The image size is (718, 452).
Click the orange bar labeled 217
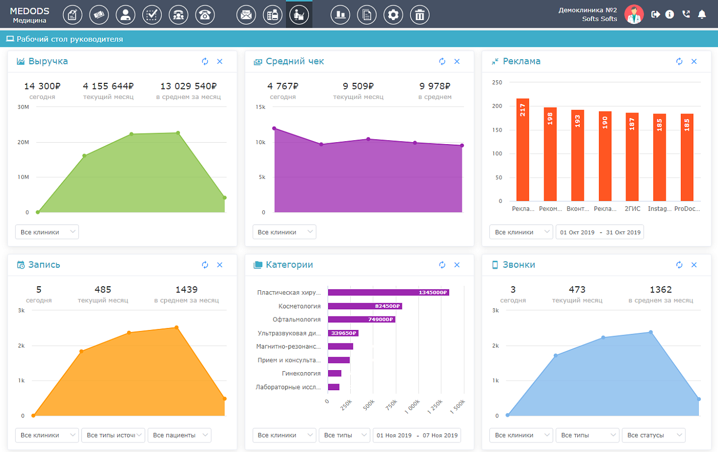tap(523, 150)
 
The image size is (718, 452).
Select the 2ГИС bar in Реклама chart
tap(632, 157)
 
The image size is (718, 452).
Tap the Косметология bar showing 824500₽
tap(365, 306)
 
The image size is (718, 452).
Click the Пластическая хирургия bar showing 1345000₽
tap(388, 292)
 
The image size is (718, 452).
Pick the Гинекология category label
tap(301, 373)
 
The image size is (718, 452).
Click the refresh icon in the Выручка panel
tap(205, 61)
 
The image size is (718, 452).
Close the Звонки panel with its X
tap(694, 265)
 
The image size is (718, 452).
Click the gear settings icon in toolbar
tap(393, 15)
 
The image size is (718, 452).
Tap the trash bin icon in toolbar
tap(420, 15)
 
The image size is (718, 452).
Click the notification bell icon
tap(702, 15)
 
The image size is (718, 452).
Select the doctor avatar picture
tap(634, 15)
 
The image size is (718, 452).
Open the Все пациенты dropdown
tap(179, 435)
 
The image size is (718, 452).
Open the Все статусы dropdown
tap(654, 435)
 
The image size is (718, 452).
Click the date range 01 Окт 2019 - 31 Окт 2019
tap(600, 232)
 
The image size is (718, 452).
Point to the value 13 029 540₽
tap(188, 86)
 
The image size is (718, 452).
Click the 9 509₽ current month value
tap(358, 86)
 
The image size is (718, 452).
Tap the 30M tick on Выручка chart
tap(23, 107)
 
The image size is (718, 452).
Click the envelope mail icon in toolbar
tap(246, 15)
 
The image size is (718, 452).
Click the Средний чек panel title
tap(294, 61)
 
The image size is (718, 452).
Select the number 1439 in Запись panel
tap(186, 289)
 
